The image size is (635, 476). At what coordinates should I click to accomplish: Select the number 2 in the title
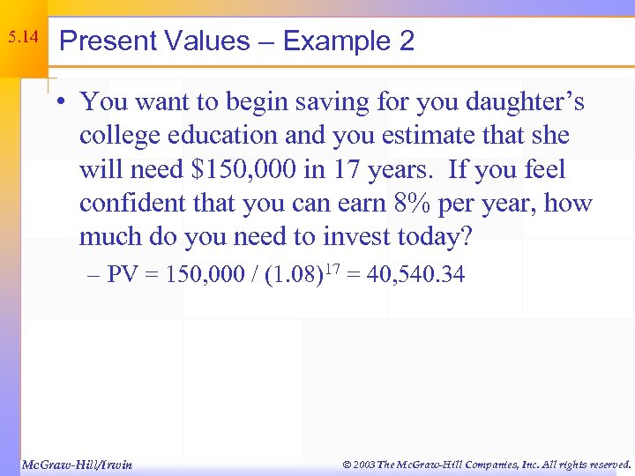(407, 41)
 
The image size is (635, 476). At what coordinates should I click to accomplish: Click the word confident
(130, 204)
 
